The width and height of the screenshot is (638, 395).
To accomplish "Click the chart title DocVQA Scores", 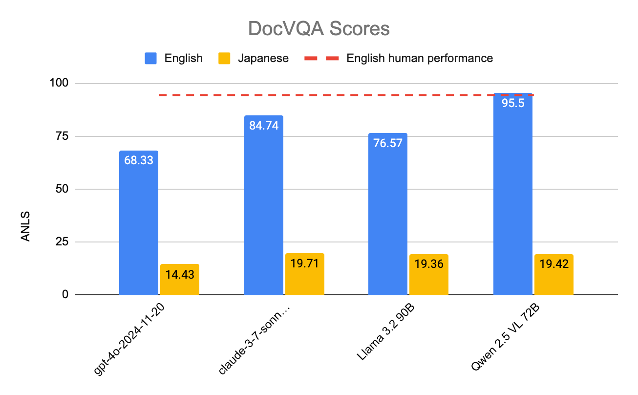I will coord(319,29).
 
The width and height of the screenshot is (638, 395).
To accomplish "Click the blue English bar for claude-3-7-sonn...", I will coord(263,205).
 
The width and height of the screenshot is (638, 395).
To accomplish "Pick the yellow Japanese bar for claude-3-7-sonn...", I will coord(304,274).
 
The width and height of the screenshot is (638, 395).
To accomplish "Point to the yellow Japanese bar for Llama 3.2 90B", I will coord(429,275).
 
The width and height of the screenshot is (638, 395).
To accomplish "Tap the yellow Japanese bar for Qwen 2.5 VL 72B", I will coord(553,275).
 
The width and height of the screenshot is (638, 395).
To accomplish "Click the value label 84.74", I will coord(263,125).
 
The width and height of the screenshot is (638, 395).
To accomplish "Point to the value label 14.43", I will coord(180,274).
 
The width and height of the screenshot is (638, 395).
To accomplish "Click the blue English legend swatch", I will coord(151,58).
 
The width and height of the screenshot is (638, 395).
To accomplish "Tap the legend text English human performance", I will coord(420,58).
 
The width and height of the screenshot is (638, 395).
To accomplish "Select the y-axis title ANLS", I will coord(25,226).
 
